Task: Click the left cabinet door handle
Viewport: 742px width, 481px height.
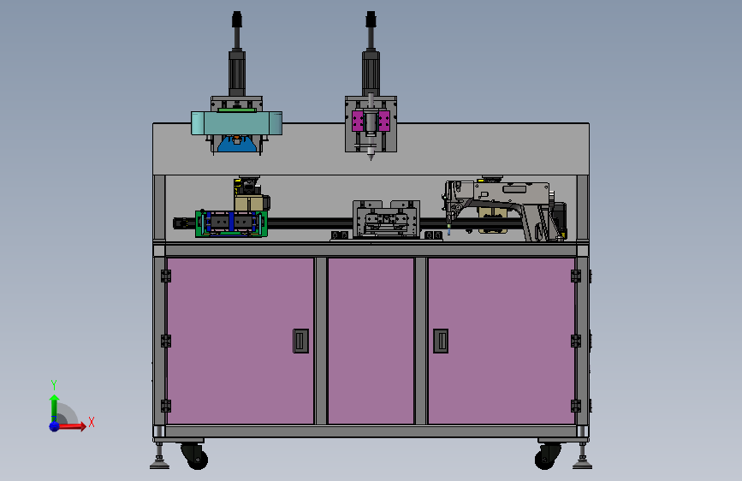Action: [300, 341]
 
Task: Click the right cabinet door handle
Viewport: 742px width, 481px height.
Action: [441, 341]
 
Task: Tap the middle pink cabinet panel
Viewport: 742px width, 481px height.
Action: [371, 341]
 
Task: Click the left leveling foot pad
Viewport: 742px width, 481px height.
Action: [159, 465]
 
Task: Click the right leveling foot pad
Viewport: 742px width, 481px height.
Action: [582, 465]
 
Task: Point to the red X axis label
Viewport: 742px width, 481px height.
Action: [92, 422]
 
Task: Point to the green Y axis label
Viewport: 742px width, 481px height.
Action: [54, 384]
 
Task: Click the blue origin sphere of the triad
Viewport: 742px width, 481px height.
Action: [55, 426]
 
